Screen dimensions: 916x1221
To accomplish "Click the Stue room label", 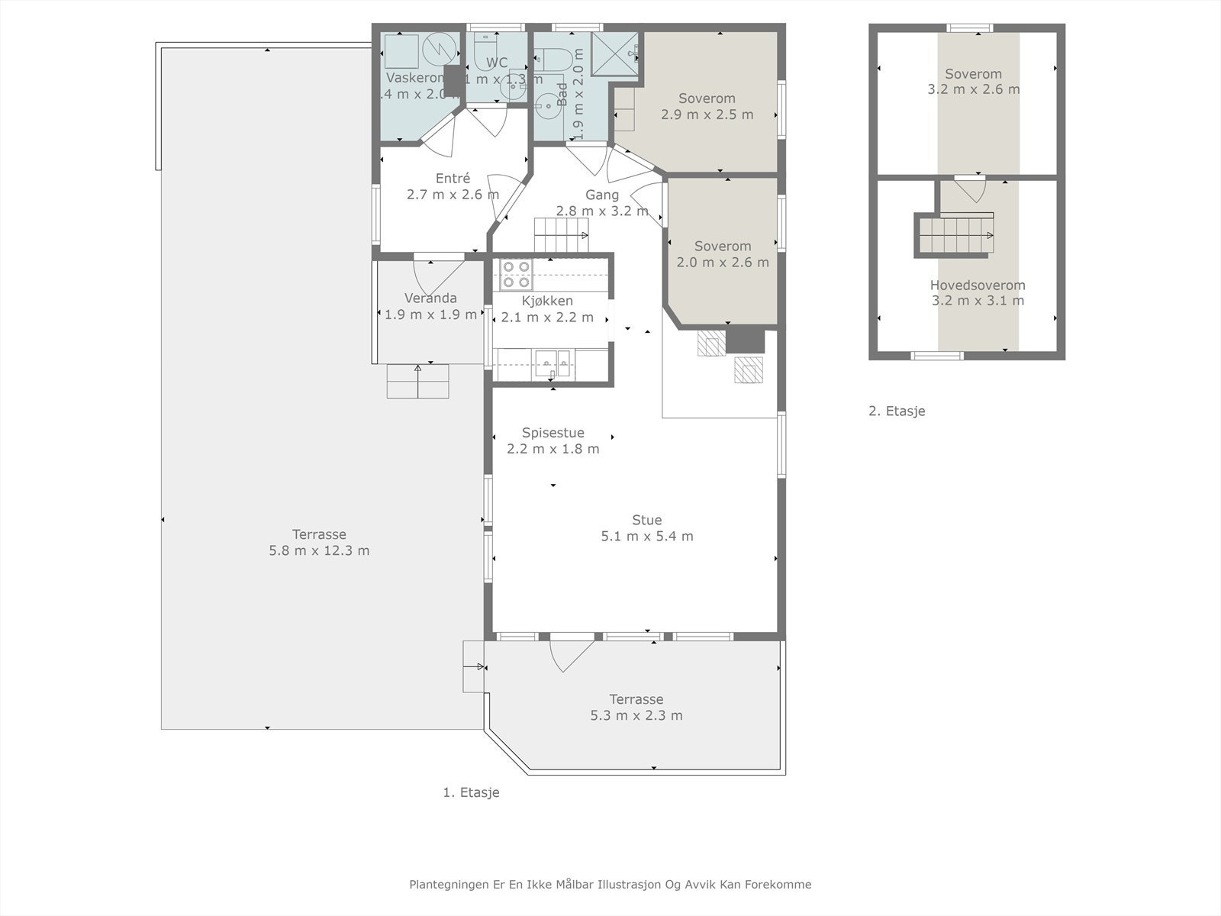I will tap(646, 521).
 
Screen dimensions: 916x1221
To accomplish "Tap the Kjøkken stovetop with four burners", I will tap(517, 274).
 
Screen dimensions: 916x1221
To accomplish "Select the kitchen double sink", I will tap(553, 363).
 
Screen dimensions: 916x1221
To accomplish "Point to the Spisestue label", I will tap(553, 433).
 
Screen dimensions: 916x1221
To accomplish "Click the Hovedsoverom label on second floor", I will tap(977, 285).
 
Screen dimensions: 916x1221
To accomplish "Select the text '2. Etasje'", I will tap(897, 411).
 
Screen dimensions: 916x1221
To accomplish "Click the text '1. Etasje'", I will tap(471, 793).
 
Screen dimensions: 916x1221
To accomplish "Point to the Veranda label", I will tap(430, 298).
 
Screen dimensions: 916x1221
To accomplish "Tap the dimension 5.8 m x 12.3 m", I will tap(319, 551).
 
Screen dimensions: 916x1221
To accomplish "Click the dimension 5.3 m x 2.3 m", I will tap(636, 716).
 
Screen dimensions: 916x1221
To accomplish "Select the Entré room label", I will tap(453, 179).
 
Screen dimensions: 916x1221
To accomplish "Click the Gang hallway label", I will tap(602, 195).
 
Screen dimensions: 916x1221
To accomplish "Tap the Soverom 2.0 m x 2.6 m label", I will tap(722, 247).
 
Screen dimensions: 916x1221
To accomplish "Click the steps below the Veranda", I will tap(417, 381).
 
